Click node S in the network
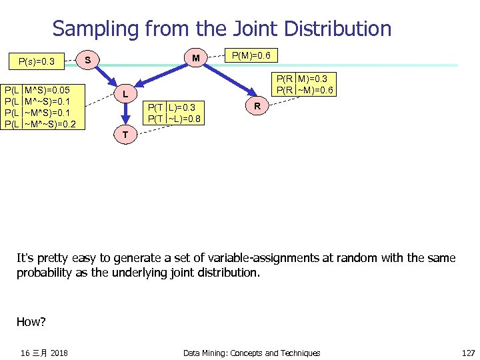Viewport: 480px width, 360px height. tap(88, 61)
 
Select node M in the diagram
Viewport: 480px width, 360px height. tap(195, 59)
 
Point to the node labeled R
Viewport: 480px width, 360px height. tap(257, 105)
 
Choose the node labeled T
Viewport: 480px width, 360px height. tap(125, 135)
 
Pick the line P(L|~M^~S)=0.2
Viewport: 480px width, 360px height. tap(41, 124)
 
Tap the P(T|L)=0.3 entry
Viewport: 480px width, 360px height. tap(172, 107)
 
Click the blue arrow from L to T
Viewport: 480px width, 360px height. tap(125, 113)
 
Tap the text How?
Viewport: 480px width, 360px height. tap(31, 322)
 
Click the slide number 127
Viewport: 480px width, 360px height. tap(468, 353)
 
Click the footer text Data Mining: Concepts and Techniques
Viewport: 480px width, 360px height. tap(251, 353)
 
